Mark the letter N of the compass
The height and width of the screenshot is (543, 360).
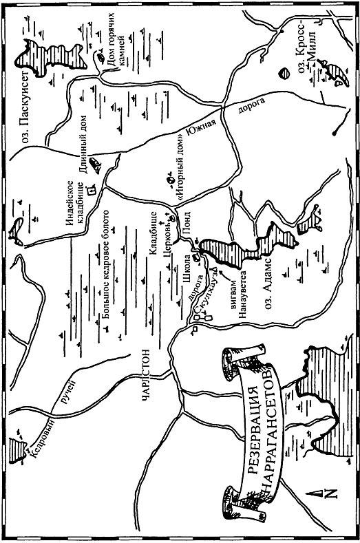click(330, 511)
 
